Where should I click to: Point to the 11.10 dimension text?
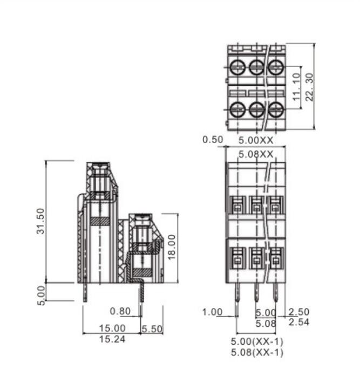(296, 87)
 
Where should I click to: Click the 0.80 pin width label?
(120, 311)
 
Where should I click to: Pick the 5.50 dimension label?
(152, 328)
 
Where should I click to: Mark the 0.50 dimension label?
(213, 140)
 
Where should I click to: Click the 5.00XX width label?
(256, 140)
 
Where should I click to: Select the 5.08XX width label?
(256, 154)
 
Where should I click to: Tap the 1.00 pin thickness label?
(213, 312)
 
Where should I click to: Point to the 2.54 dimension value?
(299, 322)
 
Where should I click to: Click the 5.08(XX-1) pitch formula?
(257, 353)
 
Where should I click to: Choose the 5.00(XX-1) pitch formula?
(257, 342)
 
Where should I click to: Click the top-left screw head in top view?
(237, 68)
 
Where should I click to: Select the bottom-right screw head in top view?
(276, 109)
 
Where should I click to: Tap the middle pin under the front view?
(256, 294)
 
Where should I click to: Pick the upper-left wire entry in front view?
(237, 204)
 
